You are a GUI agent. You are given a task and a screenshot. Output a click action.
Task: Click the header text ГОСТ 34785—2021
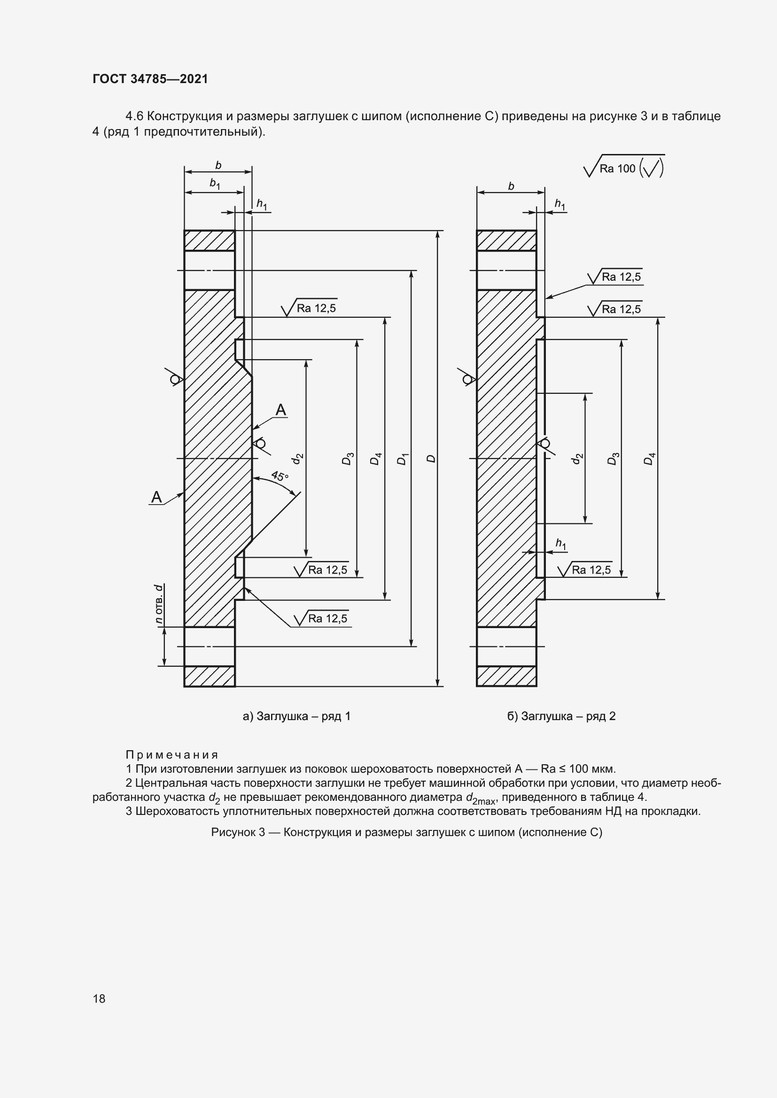point(150,79)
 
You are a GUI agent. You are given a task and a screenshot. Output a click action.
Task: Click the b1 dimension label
point(215,184)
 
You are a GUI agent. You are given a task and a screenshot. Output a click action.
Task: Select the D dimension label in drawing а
point(431,459)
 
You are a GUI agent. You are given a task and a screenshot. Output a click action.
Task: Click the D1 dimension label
point(403,459)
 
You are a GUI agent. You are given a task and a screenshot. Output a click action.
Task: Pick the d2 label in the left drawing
point(297,459)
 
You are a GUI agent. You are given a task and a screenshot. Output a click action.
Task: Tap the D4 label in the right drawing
point(649,459)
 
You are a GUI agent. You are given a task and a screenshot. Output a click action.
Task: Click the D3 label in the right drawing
point(613,459)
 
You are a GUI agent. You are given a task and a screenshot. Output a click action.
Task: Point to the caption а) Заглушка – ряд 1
point(296,716)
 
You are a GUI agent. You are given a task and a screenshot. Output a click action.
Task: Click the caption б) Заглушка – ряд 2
point(561,716)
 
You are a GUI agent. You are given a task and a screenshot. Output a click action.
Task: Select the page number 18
point(99,998)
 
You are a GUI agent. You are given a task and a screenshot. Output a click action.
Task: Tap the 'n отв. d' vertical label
point(159,604)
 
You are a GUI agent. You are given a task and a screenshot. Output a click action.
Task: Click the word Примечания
point(172,755)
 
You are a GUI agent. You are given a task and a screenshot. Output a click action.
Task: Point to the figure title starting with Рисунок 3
point(407,832)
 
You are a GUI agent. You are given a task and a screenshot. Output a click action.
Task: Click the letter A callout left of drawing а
point(156,497)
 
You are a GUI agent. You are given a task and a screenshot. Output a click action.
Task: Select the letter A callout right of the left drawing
point(281,410)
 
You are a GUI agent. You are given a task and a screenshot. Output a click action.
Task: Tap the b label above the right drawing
point(511,186)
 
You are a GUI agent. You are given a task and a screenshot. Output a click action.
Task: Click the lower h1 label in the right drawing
point(561,544)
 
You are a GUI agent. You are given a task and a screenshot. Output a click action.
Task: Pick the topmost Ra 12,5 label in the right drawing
point(621,277)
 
